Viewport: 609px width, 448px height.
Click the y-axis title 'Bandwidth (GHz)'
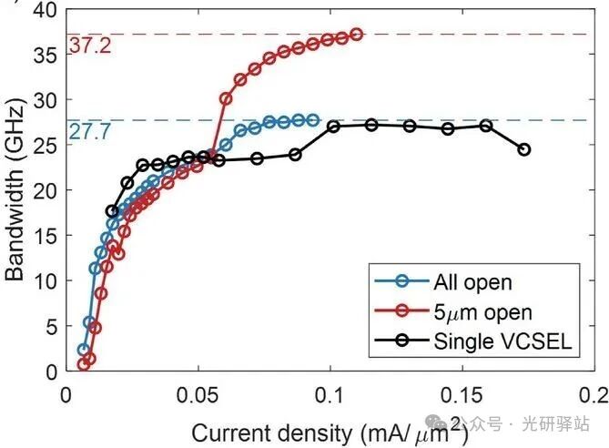click(15, 191)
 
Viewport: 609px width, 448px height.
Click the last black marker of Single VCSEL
click(523, 149)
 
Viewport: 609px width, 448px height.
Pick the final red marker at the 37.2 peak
click(356, 35)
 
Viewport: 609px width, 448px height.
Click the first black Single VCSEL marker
click(112, 211)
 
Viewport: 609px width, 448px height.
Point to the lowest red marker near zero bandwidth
click(84, 364)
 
